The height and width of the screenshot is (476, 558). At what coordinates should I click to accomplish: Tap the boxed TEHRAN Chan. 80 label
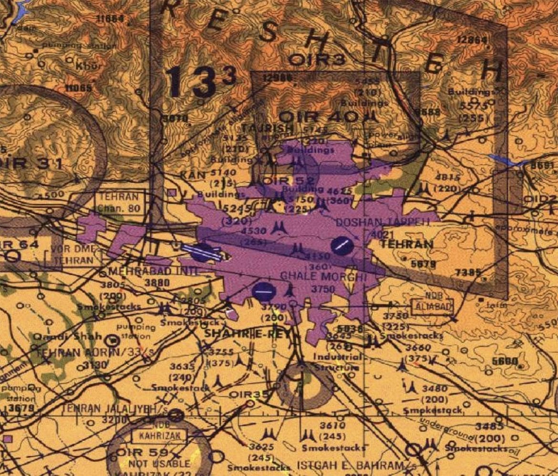(x=119, y=202)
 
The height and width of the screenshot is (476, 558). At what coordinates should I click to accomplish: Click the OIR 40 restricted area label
(x=318, y=116)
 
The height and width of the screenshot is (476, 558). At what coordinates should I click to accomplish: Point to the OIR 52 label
(x=289, y=180)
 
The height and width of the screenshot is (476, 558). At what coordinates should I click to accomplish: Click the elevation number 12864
(x=472, y=41)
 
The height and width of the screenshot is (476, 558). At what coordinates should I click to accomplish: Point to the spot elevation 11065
(x=79, y=88)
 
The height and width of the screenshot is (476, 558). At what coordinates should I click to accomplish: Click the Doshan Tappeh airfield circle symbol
(x=342, y=245)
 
